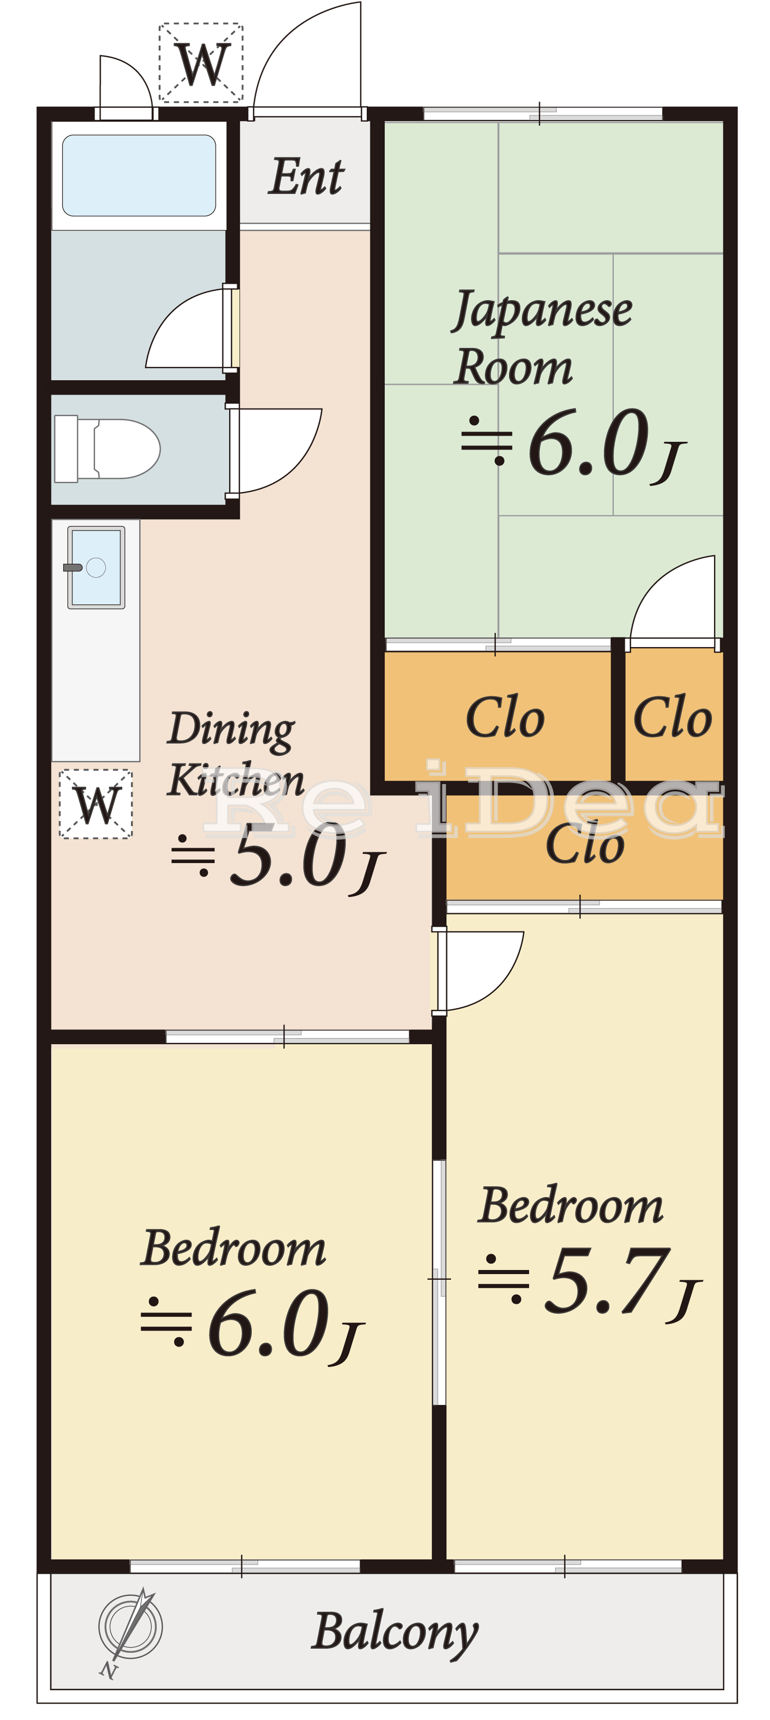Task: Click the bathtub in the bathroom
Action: tap(139, 175)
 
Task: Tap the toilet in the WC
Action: tap(107, 448)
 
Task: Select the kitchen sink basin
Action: tap(96, 568)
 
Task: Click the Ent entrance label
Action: tap(306, 177)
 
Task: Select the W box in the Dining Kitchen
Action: tap(96, 804)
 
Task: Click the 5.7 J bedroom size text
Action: tap(589, 1285)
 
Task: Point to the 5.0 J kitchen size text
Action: tap(277, 857)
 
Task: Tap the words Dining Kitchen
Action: tap(236, 754)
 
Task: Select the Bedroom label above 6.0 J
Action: tap(234, 1248)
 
